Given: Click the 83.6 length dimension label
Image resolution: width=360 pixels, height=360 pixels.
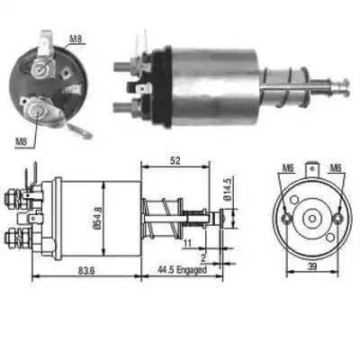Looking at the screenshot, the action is point(86,270).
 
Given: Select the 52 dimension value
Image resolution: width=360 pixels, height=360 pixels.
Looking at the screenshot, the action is point(175,160).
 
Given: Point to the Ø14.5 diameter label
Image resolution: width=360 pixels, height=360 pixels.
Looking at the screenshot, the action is point(227,190).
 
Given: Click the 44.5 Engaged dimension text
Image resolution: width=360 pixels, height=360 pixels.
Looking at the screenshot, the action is point(182,270).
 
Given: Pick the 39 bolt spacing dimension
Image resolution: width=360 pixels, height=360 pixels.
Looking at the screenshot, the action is point(312,265).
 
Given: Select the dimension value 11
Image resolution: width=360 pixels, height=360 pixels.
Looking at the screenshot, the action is point(187,243).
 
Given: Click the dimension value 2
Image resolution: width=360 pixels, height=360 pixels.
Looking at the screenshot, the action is point(203,257).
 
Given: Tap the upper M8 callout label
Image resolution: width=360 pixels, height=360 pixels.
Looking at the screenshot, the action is point(76,39).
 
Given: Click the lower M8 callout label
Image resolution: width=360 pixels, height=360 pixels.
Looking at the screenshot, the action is point(21,142).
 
